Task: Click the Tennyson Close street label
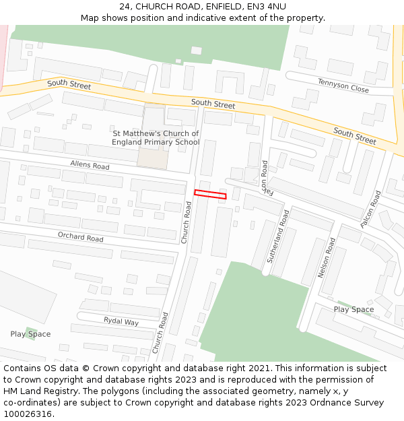coord(343,86)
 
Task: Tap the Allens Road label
coord(90,165)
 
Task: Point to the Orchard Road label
coord(80,237)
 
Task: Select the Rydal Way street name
coord(121,321)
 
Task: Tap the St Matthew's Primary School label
coord(156,138)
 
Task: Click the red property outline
coord(210,195)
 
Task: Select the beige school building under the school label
coord(151,158)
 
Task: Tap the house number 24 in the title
coord(125,7)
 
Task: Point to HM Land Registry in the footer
coord(40,391)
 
